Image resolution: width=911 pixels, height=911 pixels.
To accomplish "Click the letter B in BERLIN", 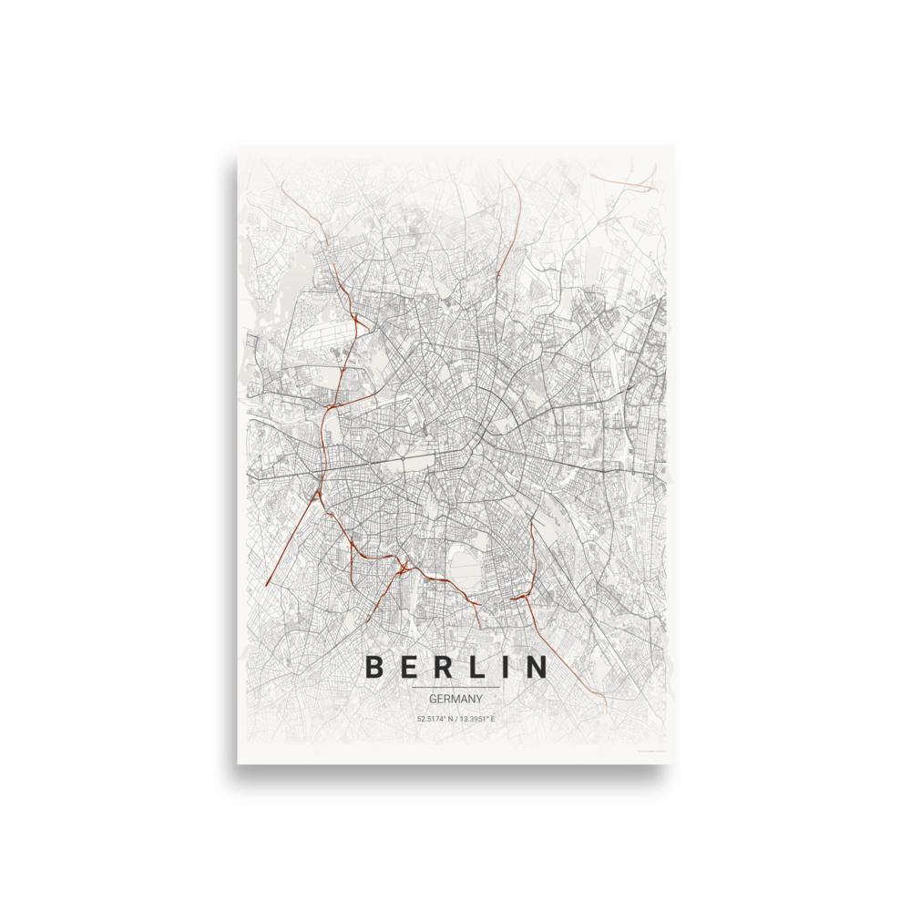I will pyautogui.click(x=374, y=668).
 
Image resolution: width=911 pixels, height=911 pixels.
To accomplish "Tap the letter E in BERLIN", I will pyautogui.click(x=407, y=668).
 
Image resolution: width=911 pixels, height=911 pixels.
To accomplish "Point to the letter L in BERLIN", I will pyautogui.click(x=476, y=668).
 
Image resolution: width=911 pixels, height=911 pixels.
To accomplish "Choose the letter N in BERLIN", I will pyautogui.click(x=536, y=668).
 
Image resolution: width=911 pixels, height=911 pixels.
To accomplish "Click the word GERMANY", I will pyautogui.click(x=455, y=699).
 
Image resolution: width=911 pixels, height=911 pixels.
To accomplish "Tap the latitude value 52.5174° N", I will pyautogui.click(x=435, y=720).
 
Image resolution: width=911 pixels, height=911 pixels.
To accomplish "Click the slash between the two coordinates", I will pyautogui.click(x=456, y=720).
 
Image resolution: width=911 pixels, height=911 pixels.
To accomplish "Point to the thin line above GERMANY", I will pyautogui.click(x=455, y=687).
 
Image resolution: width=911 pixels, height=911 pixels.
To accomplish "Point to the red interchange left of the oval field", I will pyautogui.click(x=402, y=567).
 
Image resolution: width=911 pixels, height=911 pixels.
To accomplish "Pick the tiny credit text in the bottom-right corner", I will pyautogui.click(x=649, y=751).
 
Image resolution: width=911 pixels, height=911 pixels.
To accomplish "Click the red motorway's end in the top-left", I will pyautogui.click(x=283, y=184).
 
